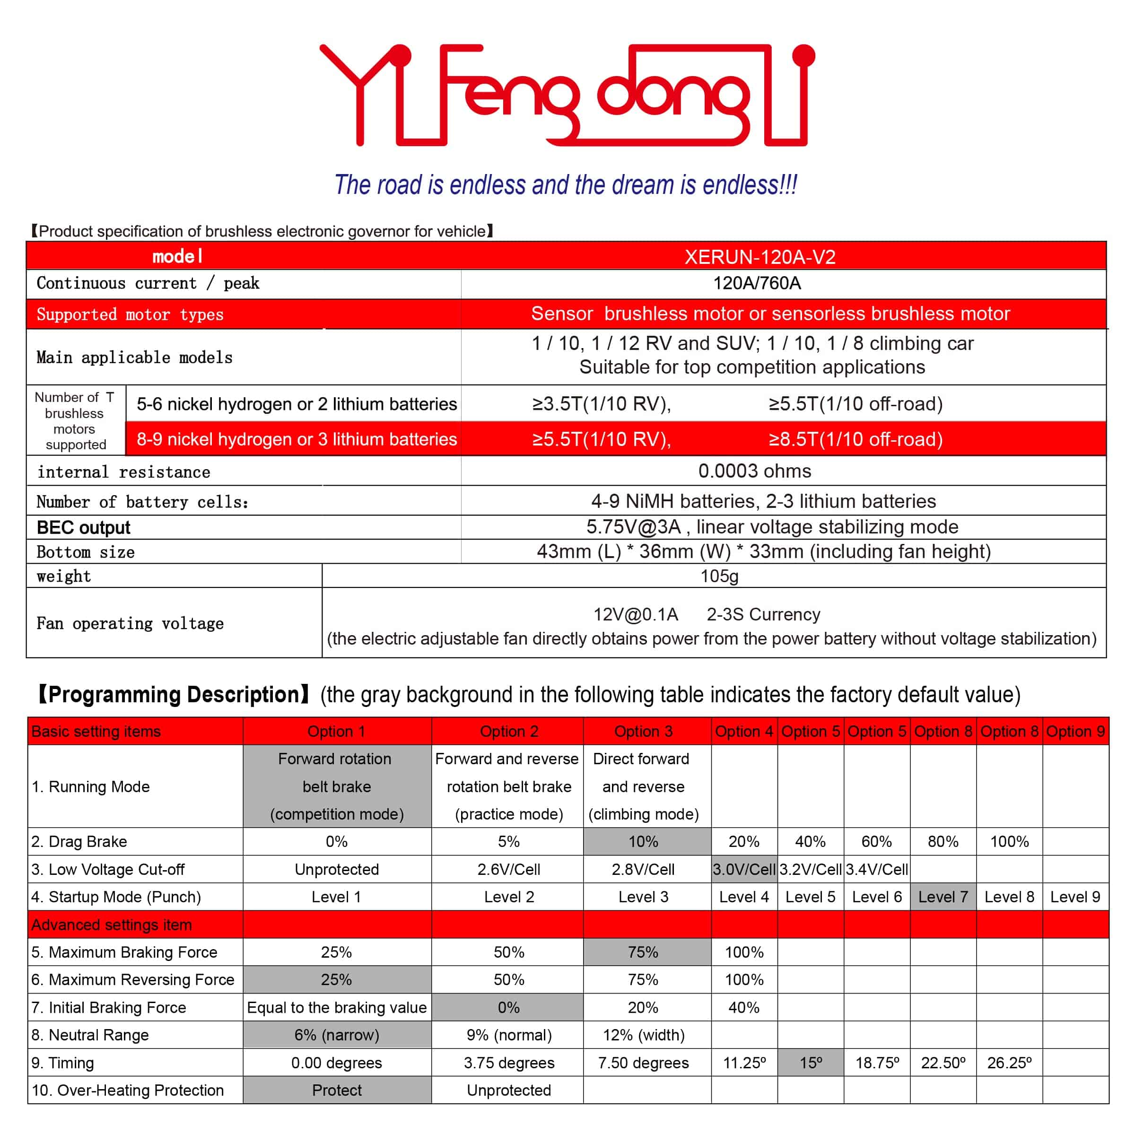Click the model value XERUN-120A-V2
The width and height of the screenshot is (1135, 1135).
coord(760,257)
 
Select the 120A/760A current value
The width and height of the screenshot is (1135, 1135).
coord(757,283)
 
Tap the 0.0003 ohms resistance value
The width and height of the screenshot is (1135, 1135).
coord(754,471)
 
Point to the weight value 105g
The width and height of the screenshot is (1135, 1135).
coord(719,576)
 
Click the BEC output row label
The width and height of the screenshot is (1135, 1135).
coord(83,528)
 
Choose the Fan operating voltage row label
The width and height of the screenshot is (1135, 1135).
coord(130,623)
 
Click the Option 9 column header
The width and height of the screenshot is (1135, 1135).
coord(1075,732)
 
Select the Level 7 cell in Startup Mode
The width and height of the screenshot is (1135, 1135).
coord(943,897)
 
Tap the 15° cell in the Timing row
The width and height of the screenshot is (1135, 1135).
coord(811,1063)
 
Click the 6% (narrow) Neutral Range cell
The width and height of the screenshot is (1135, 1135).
coord(337,1035)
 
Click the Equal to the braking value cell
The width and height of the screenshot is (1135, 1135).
coord(337,1007)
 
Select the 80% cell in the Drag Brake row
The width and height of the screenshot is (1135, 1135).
coord(943,842)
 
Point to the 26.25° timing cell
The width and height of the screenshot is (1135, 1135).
coord(1009,1063)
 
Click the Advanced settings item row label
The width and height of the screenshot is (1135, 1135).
coord(112,925)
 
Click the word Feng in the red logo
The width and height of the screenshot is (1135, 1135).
coord(505,94)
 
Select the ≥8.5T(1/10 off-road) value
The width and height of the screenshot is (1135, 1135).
coord(856,439)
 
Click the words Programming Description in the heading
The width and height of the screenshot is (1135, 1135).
coord(174,694)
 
